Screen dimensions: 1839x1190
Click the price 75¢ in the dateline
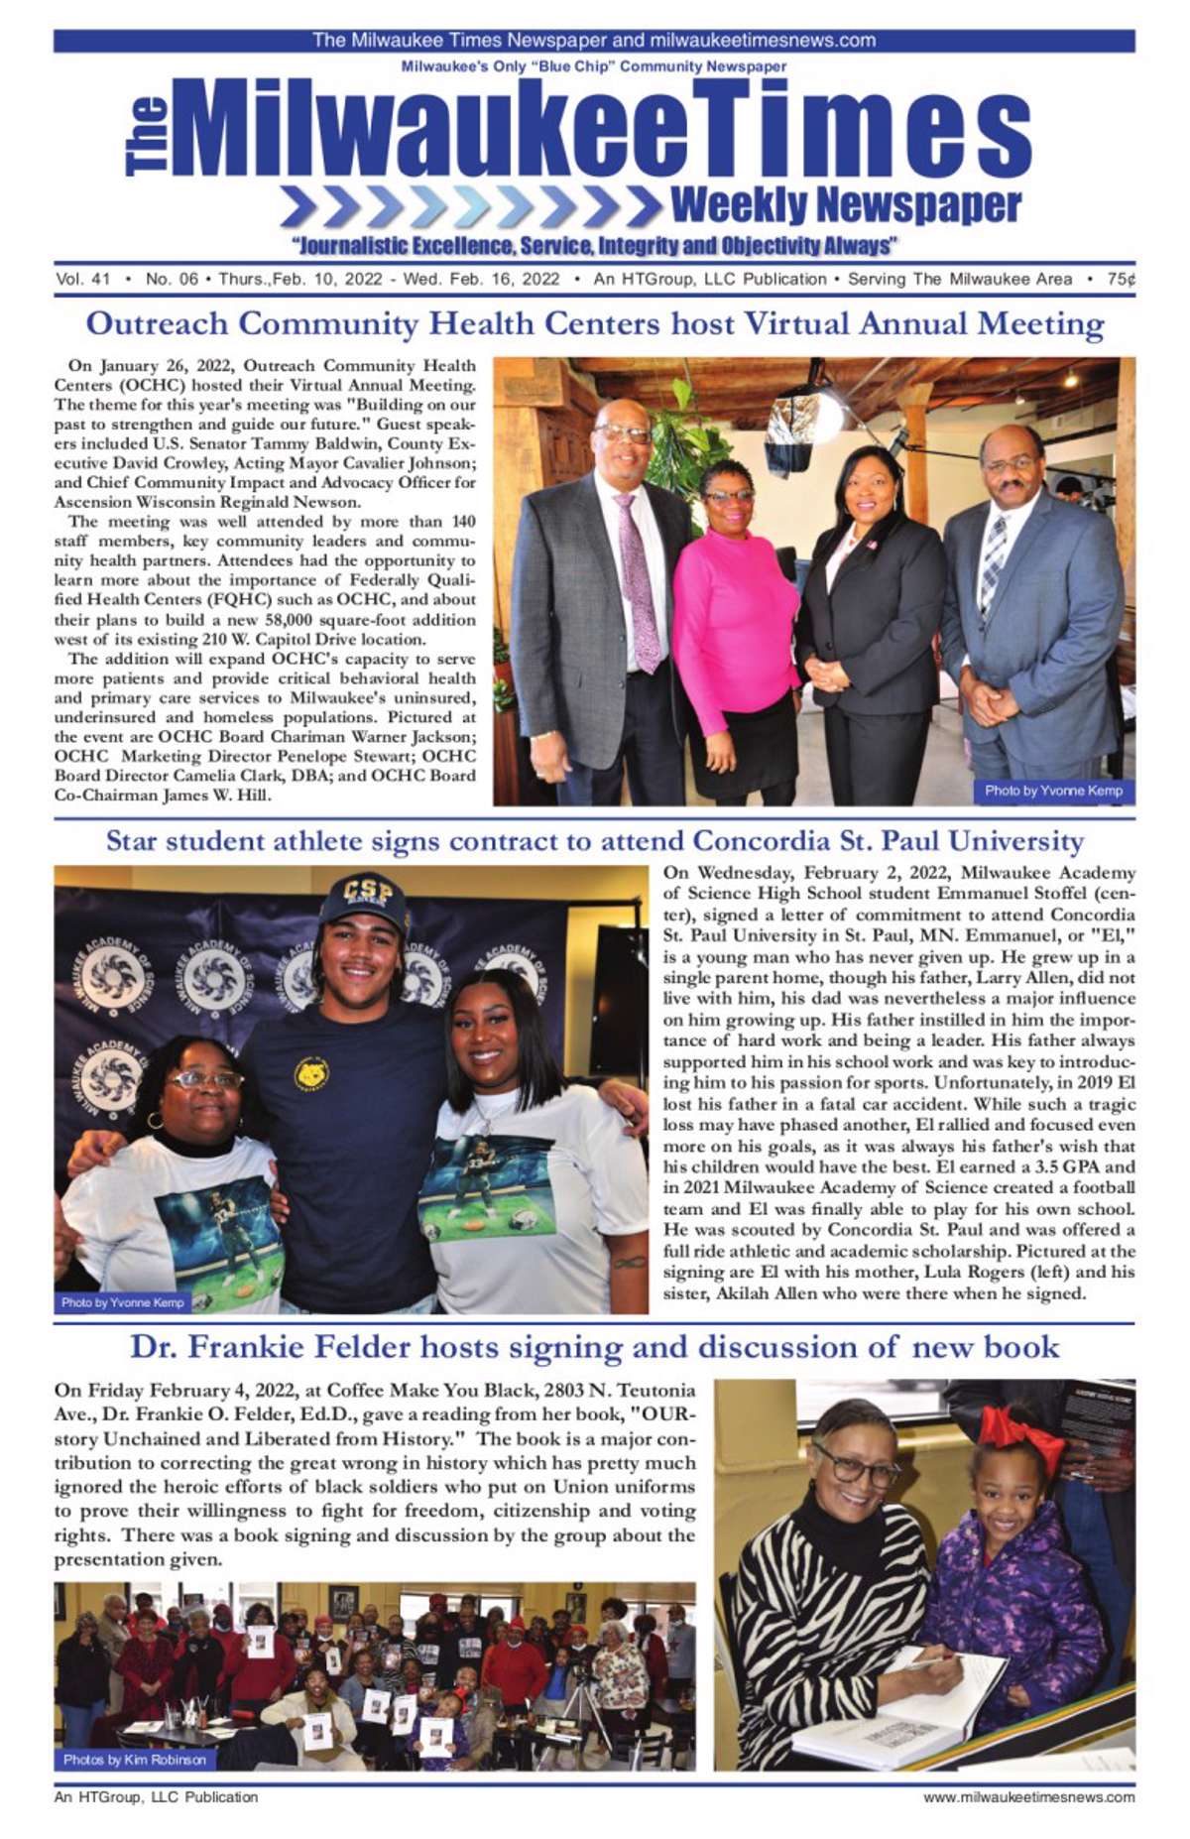pyautogui.click(x=1121, y=280)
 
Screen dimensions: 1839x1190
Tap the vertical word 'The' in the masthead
pyautogui.click(x=147, y=137)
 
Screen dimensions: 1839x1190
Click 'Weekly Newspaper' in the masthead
pyautogui.click(x=845, y=204)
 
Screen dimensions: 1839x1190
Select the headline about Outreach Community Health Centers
pyautogui.click(x=595, y=324)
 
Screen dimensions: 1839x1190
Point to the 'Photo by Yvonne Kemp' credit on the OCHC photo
pyautogui.click(x=1053, y=791)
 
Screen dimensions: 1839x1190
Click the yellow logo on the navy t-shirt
pyautogui.click(x=310, y=1073)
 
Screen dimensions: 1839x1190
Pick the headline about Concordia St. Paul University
pyautogui.click(x=595, y=841)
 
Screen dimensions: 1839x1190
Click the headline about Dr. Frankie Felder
pyautogui.click(x=595, y=1347)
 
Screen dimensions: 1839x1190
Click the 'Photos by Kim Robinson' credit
pyautogui.click(x=135, y=1760)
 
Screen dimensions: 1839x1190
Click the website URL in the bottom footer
pyautogui.click(x=1028, y=1797)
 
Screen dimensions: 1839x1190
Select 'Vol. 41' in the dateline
pyautogui.click(x=83, y=280)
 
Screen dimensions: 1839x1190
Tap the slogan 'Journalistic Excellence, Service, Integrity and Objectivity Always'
pyautogui.click(x=595, y=245)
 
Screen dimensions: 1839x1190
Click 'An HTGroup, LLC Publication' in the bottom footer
pyautogui.click(x=156, y=1797)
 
